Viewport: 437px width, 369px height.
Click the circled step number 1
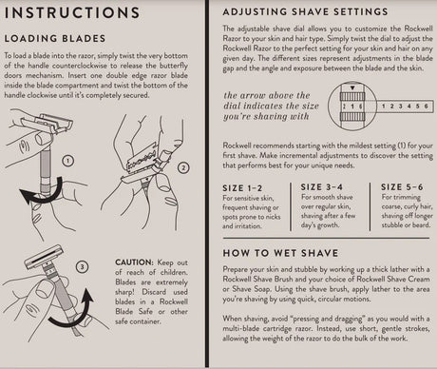coord(66,163)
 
